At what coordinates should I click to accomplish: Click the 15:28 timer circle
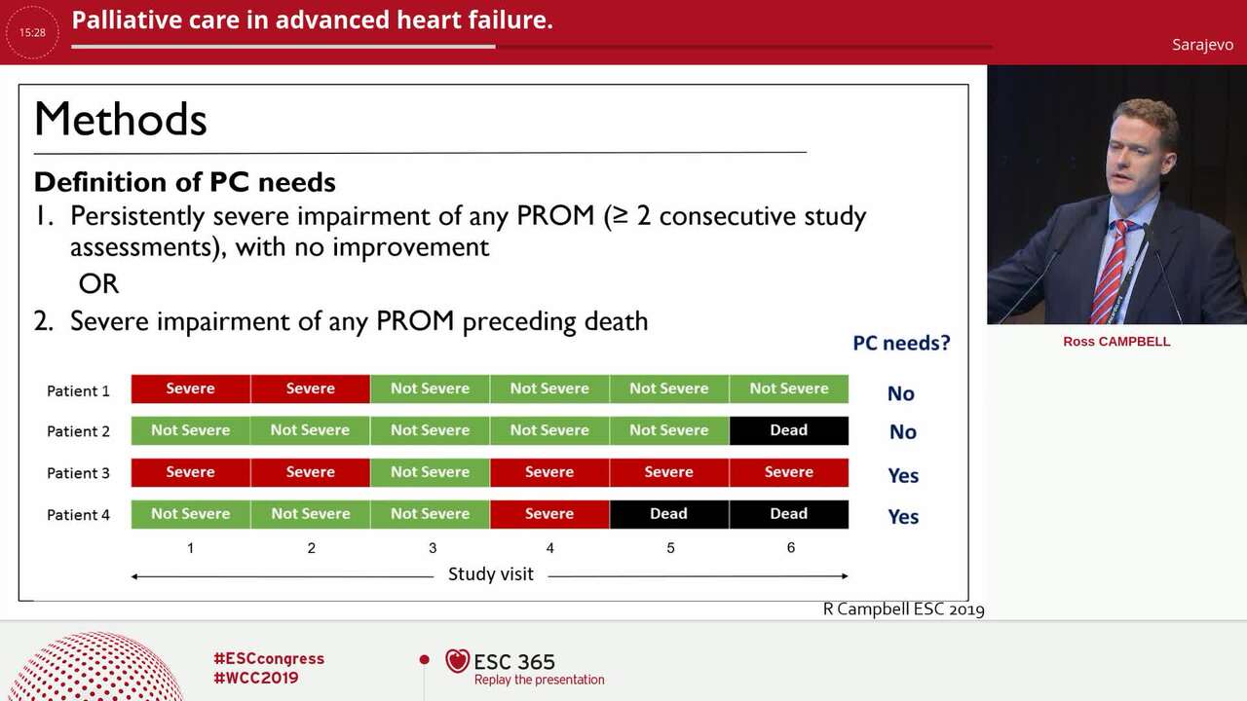32,32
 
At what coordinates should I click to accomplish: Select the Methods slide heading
121,120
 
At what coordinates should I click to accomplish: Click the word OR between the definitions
98,284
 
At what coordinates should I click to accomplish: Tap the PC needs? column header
901,343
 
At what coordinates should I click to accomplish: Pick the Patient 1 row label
78,390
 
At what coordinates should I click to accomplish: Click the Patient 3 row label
78,473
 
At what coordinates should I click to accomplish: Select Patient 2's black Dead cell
788,430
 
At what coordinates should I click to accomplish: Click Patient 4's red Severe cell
549,514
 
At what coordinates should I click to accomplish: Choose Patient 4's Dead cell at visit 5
668,514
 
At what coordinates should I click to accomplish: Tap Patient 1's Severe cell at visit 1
190,388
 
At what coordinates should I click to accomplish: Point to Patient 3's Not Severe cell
430,472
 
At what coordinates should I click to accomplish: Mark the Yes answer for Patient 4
903,517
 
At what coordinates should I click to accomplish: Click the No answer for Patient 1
900,393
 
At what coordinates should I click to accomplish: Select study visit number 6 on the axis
790,547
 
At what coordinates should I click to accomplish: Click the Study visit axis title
490,574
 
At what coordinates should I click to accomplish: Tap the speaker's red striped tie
1111,273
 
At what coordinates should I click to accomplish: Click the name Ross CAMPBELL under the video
1116,342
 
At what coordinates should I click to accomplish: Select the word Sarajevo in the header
1202,45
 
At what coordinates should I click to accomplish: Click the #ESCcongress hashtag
269,659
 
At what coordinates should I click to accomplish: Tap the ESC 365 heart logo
457,661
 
